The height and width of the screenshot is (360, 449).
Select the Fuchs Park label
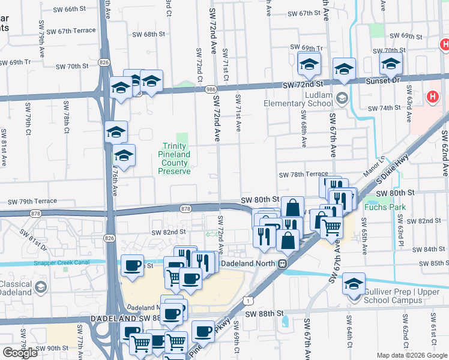385,208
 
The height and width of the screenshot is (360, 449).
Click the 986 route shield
211,89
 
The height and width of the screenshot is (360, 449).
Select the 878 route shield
185,208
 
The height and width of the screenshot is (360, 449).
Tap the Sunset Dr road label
387,80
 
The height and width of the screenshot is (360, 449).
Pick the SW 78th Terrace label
303,174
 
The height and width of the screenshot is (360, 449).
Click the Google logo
20,353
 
